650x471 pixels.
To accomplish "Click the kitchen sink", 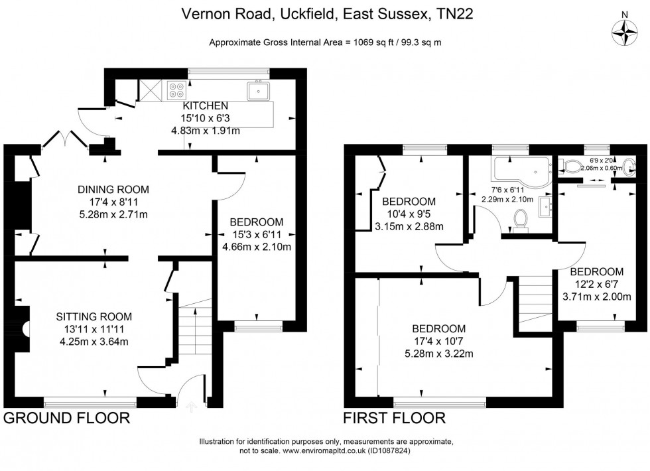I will (259, 90).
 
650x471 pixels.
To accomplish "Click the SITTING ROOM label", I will (93, 316).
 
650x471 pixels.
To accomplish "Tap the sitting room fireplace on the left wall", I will (24, 328).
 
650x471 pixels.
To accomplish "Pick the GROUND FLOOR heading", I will (66, 418).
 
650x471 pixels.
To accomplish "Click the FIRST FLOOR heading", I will (394, 418).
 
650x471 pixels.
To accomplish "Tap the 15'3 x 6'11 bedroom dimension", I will (257, 235).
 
